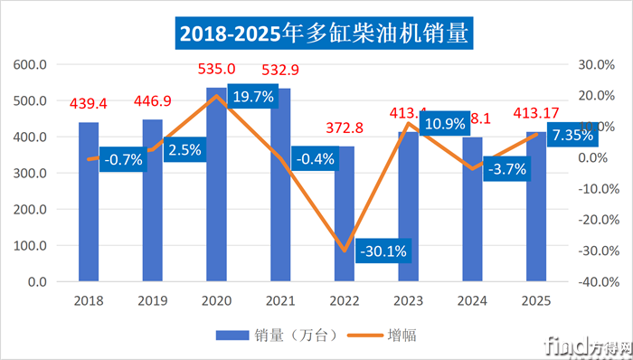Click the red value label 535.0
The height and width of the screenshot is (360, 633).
tap(217, 69)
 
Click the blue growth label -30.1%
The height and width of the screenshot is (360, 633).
tap(382, 250)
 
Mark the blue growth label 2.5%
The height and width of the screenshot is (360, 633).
tap(186, 150)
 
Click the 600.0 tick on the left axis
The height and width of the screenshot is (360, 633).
tap(32, 65)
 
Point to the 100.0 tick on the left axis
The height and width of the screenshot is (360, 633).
tap(32, 246)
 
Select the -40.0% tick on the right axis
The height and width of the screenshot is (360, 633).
tap(597, 282)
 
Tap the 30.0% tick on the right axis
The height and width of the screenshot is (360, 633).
tap(597, 65)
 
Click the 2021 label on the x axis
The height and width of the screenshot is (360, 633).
tap(280, 300)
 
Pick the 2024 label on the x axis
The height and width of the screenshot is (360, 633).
tap(473, 300)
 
